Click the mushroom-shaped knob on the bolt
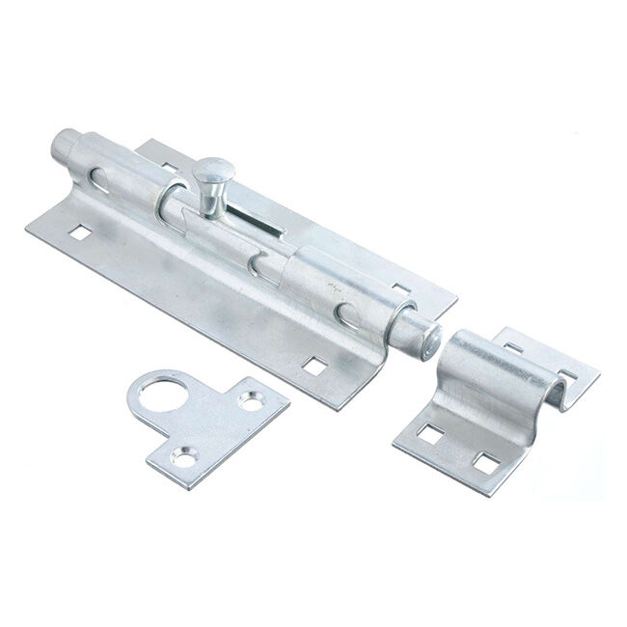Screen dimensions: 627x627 pos(210,176)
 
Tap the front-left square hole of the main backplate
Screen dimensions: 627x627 pos(74,232)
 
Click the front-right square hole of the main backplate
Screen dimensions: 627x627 pos(313,367)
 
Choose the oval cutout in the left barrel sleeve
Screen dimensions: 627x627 pos(98,177)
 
